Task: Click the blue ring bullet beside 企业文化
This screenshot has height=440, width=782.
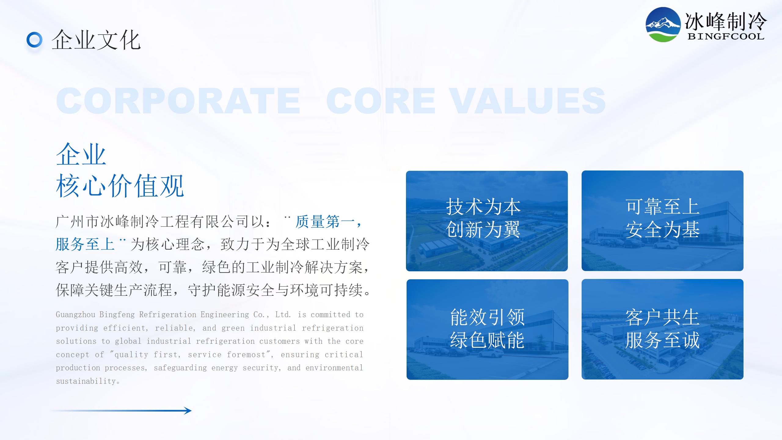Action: pos(35,40)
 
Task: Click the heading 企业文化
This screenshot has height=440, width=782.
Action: pos(96,40)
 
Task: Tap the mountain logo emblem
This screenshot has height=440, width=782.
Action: pos(663,24)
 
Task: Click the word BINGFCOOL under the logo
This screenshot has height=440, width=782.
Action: pos(726,36)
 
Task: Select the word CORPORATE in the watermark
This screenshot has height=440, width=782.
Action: pos(178,101)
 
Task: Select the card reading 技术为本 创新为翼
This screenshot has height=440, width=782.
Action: pos(487,221)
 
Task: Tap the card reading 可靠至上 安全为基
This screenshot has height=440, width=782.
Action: pos(662,221)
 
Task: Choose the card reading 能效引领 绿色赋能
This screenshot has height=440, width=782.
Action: pos(487,329)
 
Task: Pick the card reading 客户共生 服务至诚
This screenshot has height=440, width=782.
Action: pos(662,329)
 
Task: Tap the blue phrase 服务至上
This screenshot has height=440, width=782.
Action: pos(85,244)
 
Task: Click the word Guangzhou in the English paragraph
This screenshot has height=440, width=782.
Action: pos(75,315)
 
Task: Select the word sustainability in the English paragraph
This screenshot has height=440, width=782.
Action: pos(86,381)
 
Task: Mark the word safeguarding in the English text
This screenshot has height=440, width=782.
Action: pos(180,368)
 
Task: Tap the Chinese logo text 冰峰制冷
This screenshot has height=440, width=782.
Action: pos(725,21)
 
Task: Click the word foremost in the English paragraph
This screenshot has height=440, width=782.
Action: pos(246,355)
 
